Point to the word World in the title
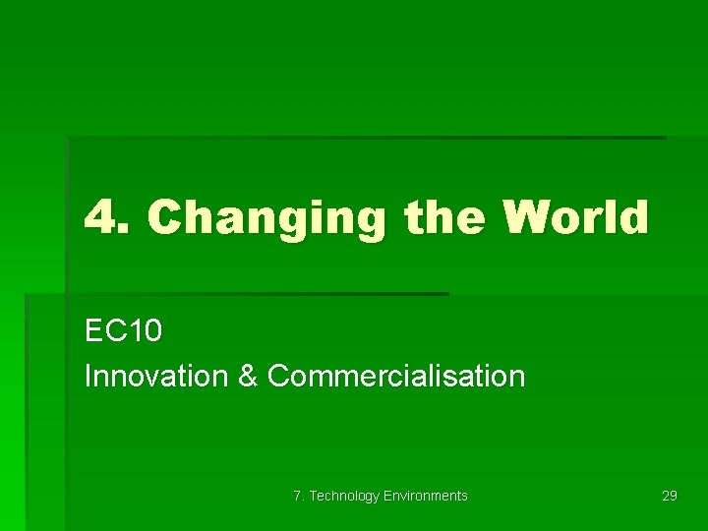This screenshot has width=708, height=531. coord(575,217)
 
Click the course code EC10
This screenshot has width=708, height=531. coord(124,331)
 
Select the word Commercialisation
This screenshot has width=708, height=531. coord(396,376)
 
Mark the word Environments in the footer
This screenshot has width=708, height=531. coord(426,496)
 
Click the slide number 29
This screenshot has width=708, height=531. coord(670,496)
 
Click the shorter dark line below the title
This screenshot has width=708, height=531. coord(236,293)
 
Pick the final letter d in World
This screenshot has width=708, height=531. coord(634,217)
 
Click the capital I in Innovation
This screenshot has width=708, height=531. coord(88,376)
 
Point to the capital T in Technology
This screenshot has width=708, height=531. coord(314,496)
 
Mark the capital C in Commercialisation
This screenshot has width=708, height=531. coord(278,376)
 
